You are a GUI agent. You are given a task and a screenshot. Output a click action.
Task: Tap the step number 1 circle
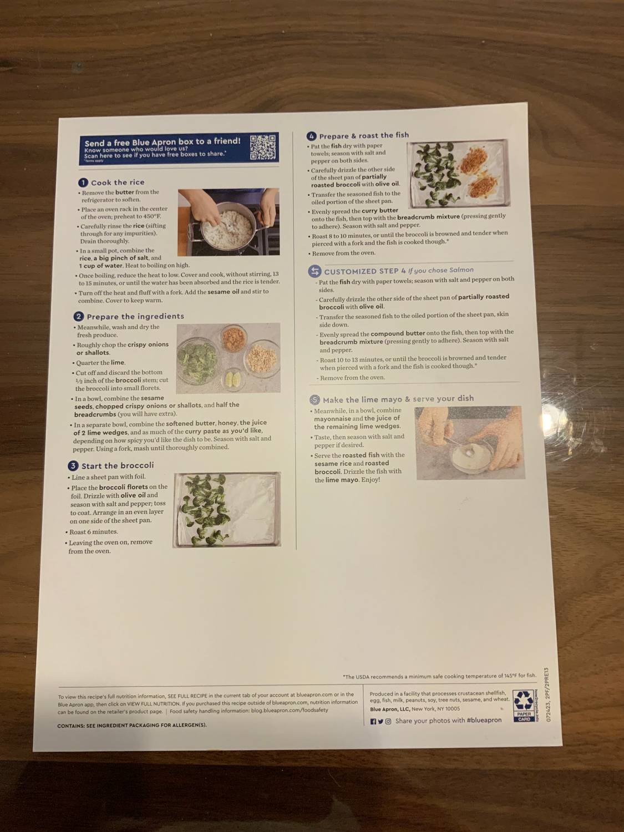pos(83,182)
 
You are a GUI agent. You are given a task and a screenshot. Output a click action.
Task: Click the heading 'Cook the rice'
pos(118,182)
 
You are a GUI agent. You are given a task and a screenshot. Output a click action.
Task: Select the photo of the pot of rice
pos(228,222)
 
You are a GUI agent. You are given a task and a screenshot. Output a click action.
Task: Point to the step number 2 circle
pos(79,316)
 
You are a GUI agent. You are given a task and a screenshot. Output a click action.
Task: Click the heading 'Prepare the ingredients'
pos(135,316)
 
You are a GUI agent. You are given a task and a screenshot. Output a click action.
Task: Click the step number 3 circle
pos(73,465)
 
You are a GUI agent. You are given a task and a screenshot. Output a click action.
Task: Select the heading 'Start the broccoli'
pos(118,465)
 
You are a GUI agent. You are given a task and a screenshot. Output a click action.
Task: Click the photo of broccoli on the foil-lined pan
pos(227,509)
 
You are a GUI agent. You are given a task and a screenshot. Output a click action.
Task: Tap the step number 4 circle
pos(312,136)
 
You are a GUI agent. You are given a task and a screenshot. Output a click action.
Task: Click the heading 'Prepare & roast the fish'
pos(364,135)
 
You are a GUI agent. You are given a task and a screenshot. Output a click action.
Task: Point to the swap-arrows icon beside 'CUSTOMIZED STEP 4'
pos(314,271)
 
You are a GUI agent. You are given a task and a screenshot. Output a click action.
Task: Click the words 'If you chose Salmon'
pos(441,270)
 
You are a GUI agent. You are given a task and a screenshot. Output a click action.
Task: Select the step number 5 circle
pos(314,399)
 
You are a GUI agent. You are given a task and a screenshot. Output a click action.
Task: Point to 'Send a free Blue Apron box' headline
pos(163,142)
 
